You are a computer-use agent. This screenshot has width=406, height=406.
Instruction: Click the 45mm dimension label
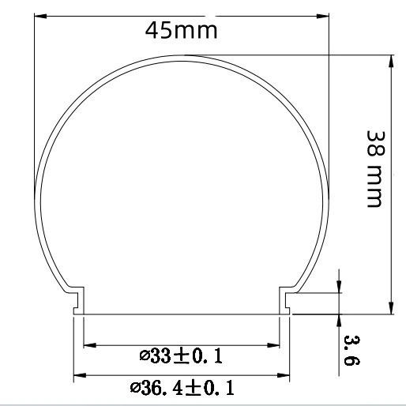181,31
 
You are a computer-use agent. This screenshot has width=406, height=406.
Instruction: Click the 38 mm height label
376,169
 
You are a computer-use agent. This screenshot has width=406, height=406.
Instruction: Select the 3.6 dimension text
351,350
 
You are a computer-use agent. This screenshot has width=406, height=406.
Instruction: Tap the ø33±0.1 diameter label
181,356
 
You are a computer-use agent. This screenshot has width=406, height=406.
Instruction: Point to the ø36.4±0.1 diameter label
182,388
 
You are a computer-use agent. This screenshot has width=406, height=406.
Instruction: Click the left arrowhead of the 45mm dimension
40,16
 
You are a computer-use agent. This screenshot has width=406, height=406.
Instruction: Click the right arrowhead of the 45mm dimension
323,16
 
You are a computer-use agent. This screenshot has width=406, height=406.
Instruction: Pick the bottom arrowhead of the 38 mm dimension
391,308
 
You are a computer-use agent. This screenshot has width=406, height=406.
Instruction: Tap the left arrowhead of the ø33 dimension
90,345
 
